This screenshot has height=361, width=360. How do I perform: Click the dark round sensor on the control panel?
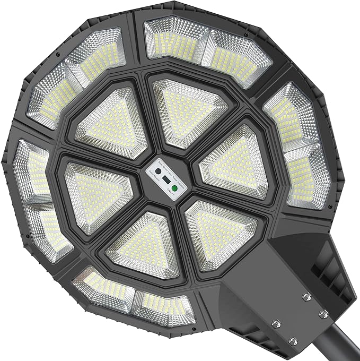[158, 171]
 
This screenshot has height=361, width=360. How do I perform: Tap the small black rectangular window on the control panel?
[166, 180]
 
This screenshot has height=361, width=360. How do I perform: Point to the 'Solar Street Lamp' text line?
[166, 170]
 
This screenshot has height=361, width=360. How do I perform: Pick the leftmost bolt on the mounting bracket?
[276, 324]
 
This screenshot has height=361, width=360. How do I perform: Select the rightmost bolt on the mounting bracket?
[323, 315]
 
